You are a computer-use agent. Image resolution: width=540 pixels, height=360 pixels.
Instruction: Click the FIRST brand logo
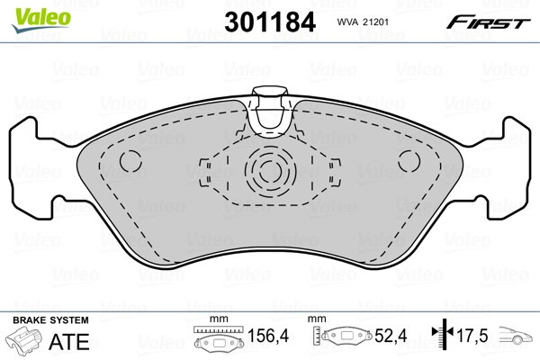[490, 21]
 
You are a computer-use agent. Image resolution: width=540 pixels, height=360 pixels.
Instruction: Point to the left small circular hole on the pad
[131, 163]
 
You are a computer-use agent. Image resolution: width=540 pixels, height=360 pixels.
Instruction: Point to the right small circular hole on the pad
[409, 163]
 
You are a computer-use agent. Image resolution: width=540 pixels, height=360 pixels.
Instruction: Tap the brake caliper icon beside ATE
[28, 342]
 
